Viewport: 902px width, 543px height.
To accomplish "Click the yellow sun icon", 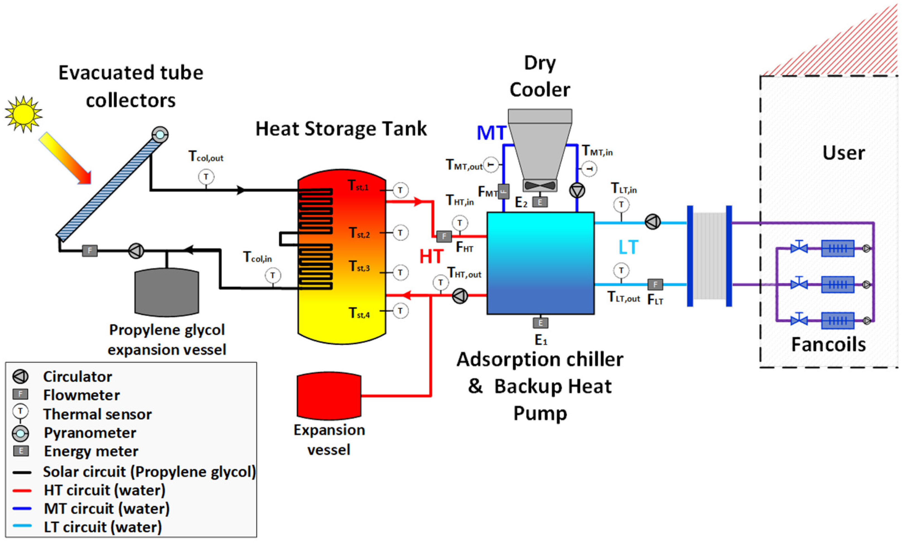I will coord(23,114).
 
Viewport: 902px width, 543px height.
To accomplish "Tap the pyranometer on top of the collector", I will coord(160,135).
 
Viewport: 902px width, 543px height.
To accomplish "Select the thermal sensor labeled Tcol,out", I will coord(206,177).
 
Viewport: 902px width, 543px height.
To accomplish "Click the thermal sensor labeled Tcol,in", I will coord(272,275).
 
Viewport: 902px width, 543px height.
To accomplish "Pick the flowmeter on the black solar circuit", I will coord(90,251).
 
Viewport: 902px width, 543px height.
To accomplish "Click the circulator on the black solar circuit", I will coord(136,251).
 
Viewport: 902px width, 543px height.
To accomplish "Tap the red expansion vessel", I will coord(329,396).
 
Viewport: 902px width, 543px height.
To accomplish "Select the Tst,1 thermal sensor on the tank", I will coord(400,190).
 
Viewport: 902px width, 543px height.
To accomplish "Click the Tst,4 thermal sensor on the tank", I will coord(400,311).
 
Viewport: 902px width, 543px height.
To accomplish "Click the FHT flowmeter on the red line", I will coord(444,236).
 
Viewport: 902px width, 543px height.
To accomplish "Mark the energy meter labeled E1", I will coord(540,323).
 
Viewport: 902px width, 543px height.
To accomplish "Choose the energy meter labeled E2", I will coord(540,202).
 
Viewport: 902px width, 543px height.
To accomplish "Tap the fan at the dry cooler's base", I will coord(540,185).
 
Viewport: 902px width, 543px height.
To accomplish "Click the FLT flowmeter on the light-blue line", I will coord(655,284).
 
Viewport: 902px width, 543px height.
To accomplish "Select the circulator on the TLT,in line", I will coord(652,222).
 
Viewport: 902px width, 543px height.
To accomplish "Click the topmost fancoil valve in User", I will coord(799,247).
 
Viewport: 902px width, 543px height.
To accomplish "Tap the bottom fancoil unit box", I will coord(837,321).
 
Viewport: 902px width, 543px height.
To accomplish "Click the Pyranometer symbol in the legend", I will coord(20,433).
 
